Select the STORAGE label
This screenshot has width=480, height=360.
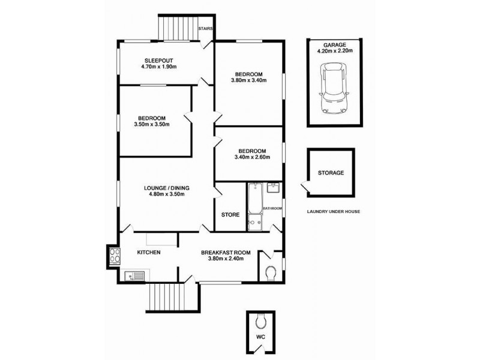[331, 173]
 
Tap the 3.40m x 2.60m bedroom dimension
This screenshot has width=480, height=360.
[251, 158]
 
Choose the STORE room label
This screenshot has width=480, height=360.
[230, 214]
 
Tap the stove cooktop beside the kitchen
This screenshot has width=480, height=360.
[113, 257]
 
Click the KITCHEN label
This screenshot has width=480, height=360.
[149, 253]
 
